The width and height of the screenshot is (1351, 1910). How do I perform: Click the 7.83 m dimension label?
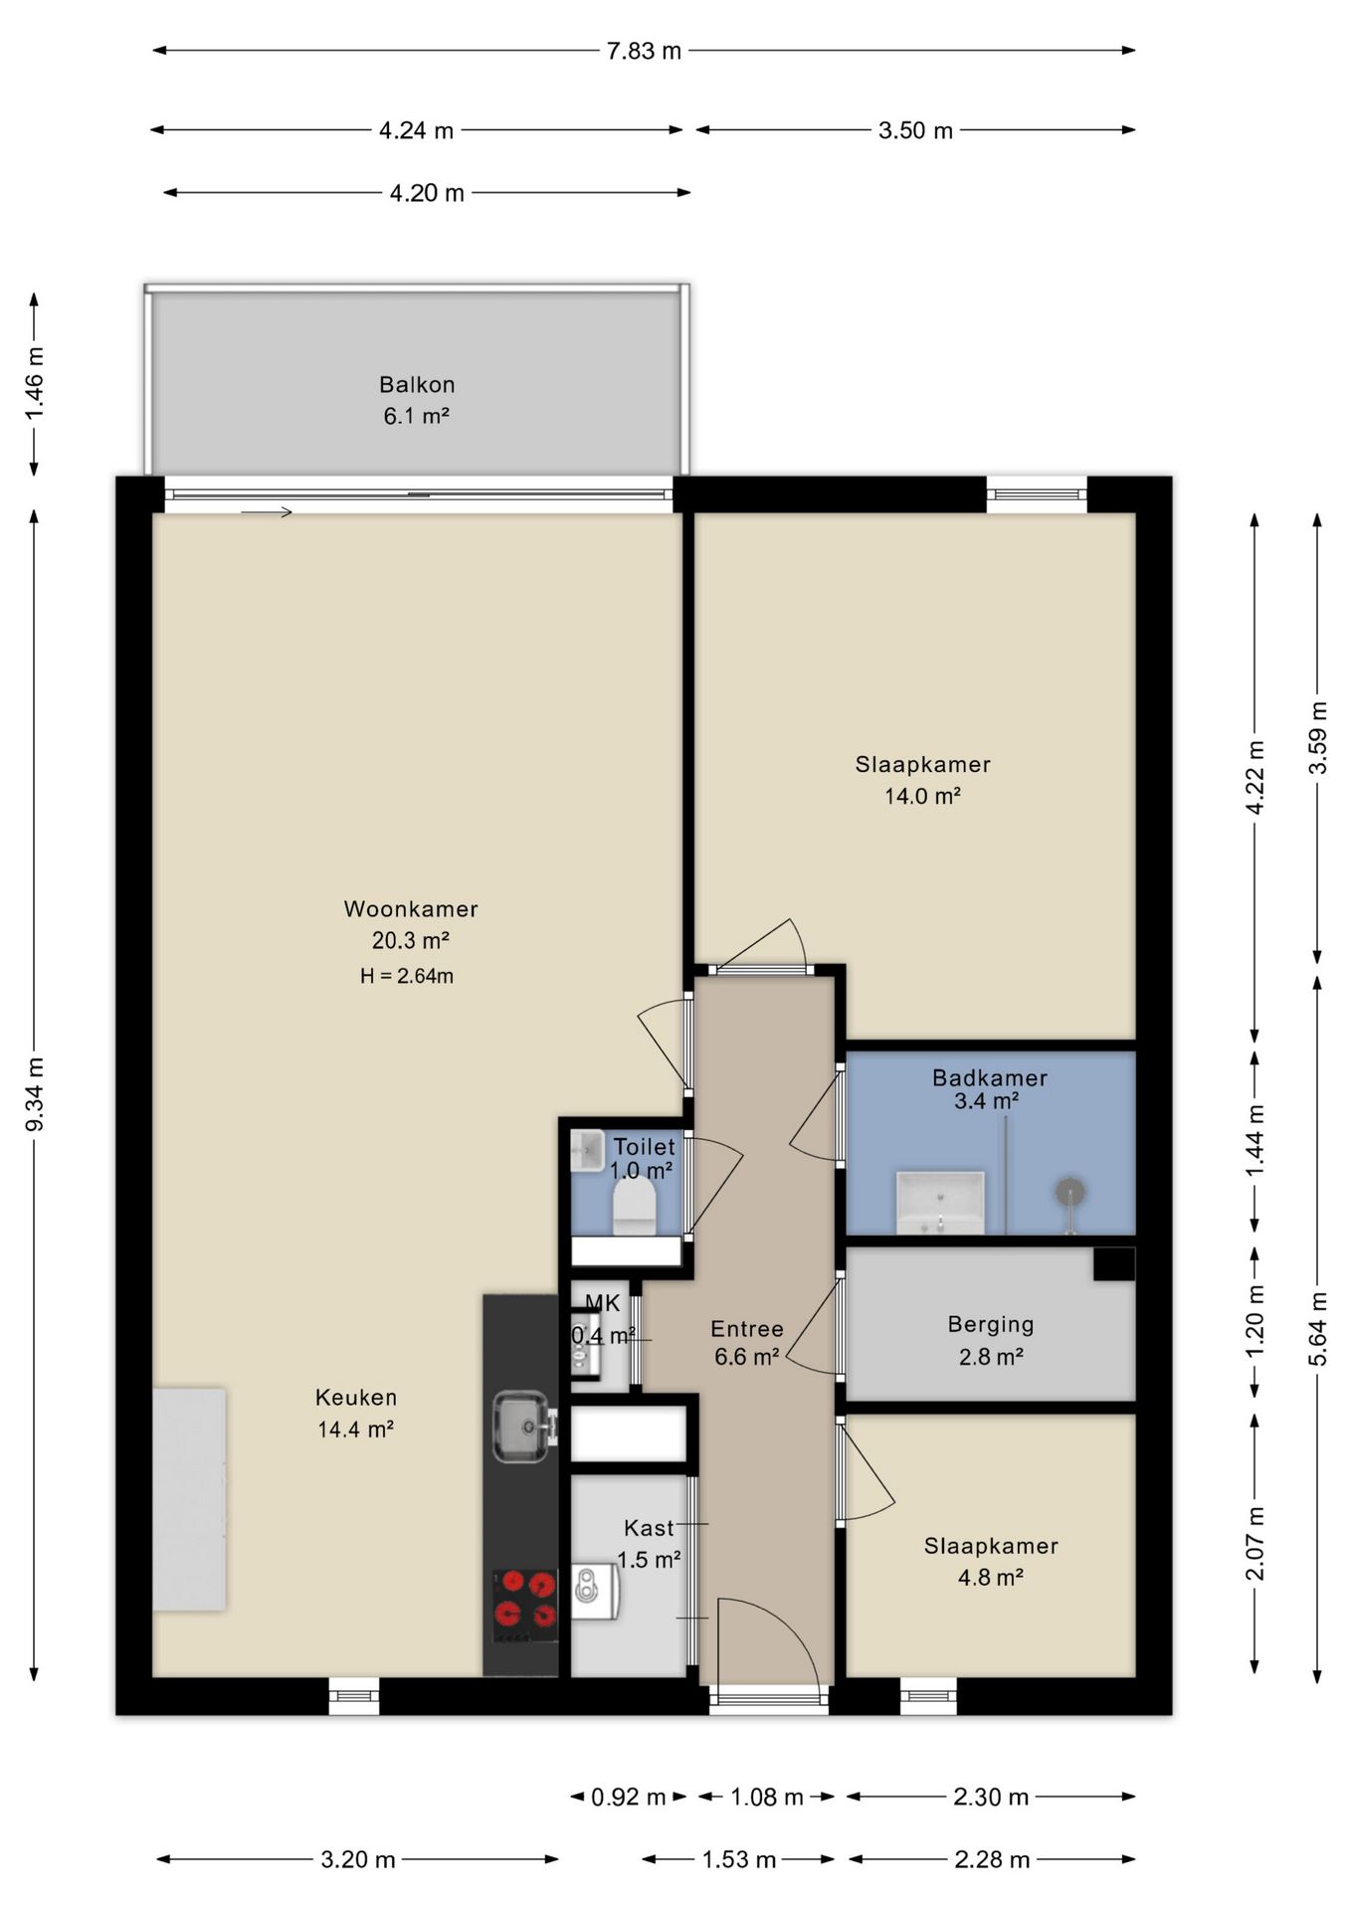click(644, 51)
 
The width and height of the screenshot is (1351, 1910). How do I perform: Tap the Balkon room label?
click(417, 385)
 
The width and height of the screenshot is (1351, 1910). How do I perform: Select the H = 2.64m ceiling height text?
click(407, 976)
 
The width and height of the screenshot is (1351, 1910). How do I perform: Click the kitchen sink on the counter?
click(521, 1427)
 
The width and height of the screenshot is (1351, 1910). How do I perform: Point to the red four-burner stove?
click(526, 1606)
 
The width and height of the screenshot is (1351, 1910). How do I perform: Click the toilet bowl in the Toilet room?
click(634, 1207)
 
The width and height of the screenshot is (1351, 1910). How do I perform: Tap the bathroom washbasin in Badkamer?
click(940, 1203)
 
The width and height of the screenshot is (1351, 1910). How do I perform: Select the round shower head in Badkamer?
click(1069, 1191)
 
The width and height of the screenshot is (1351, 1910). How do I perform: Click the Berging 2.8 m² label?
click(991, 1340)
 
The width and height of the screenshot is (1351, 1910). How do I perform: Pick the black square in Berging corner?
click(1114, 1264)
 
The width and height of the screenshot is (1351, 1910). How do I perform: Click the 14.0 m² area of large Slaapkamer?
click(922, 796)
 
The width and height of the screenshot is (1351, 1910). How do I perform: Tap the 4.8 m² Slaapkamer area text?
click(991, 1577)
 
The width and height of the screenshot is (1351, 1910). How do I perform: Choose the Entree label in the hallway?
click(747, 1329)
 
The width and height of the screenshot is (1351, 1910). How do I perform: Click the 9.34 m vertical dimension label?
click(35, 1094)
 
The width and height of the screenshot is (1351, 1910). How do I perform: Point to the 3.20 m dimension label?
click(358, 1859)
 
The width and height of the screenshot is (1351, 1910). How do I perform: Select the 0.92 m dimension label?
click(628, 1797)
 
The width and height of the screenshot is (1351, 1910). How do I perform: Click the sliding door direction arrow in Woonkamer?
click(267, 512)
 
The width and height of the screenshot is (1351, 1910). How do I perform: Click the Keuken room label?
click(356, 1398)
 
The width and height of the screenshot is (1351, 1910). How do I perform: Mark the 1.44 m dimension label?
click(1255, 1140)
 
